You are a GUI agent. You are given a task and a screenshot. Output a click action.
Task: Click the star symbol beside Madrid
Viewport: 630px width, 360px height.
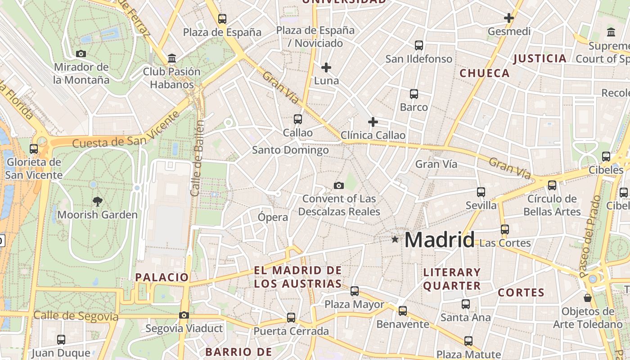pyautogui.click(x=395, y=239)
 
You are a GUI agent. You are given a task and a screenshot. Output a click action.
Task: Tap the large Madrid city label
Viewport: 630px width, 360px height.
pyautogui.click(x=439, y=239)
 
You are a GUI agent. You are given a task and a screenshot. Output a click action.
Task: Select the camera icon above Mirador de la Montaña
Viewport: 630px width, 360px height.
pyautogui.click(x=81, y=54)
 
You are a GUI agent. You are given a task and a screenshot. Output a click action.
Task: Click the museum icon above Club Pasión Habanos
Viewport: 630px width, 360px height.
pyautogui.click(x=171, y=58)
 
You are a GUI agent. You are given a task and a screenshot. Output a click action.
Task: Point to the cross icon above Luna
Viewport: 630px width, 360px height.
pyautogui.click(x=326, y=68)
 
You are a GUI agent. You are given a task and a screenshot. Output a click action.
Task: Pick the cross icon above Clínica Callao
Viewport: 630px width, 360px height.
pyautogui.click(x=373, y=122)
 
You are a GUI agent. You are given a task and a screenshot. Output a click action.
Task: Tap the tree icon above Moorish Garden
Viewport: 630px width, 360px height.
pyautogui.click(x=97, y=201)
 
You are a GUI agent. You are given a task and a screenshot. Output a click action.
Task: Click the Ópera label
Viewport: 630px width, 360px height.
pyautogui.click(x=273, y=217)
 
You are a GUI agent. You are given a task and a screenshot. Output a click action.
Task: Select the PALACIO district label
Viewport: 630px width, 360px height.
pyautogui.click(x=162, y=277)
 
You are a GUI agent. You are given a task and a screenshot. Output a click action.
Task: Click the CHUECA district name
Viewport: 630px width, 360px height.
pyautogui.click(x=485, y=73)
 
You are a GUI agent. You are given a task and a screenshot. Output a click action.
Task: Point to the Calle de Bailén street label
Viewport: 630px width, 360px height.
pyautogui.click(x=198, y=157)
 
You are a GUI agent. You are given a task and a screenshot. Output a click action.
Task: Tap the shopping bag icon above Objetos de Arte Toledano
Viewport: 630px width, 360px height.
pyautogui.click(x=588, y=298)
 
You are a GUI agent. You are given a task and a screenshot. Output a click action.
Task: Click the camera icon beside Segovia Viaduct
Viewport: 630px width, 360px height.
pyautogui.click(x=184, y=315)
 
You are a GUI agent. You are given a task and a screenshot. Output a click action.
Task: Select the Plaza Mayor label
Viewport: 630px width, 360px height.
pyautogui.click(x=355, y=305)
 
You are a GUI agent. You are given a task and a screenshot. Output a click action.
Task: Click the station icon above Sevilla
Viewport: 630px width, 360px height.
pyautogui.click(x=481, y=192)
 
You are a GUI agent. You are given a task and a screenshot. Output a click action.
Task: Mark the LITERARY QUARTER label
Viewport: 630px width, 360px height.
pyautogui.click(x=452, y=279)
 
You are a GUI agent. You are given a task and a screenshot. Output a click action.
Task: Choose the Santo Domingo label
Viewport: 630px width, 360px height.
pyautogui.click(x=290, y=150)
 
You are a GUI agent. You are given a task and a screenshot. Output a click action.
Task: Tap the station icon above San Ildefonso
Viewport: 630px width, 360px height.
pyautogui.click(x=419, y=45)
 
